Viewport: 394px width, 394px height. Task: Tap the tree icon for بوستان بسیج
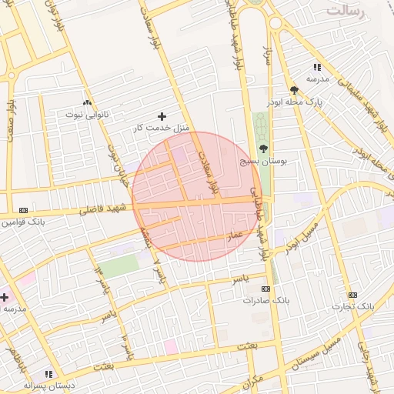pos(265,149)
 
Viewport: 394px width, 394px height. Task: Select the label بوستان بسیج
pos(264,162)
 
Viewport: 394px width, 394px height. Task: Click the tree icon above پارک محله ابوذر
pos(294,90)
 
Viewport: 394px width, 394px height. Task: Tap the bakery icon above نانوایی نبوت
pos(87,102)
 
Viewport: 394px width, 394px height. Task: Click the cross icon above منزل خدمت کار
pos(162,115)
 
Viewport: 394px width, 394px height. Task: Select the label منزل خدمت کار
pos(161,127)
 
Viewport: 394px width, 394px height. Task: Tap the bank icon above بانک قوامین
pos(23,209)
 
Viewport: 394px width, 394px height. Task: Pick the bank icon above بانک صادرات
pos(265,289)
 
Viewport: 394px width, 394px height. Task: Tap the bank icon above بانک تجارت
pos(352,295)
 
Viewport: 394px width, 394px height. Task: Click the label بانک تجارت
pos(352,306)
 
